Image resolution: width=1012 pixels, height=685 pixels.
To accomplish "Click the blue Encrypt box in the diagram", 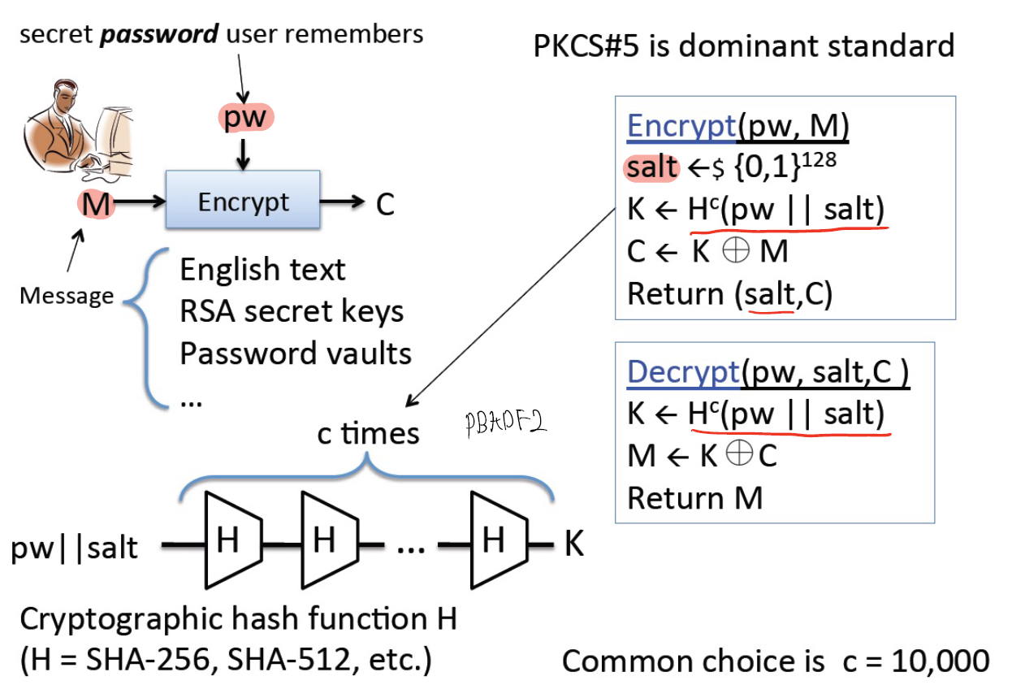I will (243, 201).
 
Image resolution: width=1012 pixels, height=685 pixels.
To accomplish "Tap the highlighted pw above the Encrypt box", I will (245, 117).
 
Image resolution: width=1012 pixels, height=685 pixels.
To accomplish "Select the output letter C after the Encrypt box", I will (384, 205).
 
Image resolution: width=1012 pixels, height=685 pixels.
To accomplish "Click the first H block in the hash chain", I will (230, 540).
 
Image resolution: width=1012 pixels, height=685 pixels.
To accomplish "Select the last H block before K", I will (494, 540).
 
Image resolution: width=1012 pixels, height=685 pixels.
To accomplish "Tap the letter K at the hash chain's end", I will (573, 544).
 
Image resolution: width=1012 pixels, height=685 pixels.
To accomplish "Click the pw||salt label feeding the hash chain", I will (75, 548).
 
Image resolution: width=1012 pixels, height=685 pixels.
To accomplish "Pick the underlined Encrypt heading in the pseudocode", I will (681, 127).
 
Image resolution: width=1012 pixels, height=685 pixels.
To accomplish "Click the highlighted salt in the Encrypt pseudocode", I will (651, 167).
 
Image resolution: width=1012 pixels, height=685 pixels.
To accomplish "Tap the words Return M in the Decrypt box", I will (694, 497).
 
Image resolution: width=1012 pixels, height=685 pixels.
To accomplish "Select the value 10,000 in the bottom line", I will (941, 661).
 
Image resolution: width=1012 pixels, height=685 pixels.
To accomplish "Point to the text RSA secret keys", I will (292, 311).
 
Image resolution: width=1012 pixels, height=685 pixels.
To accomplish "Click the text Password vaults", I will (296, 353).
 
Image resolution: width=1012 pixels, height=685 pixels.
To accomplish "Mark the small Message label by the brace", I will (67, 295).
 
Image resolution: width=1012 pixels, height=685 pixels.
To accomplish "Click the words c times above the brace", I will (368, 433).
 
